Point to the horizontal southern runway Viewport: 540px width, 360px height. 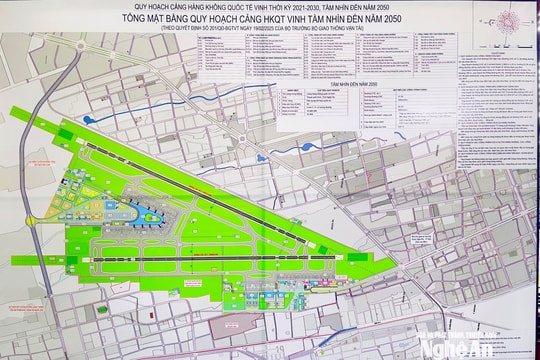click(230, 248)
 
